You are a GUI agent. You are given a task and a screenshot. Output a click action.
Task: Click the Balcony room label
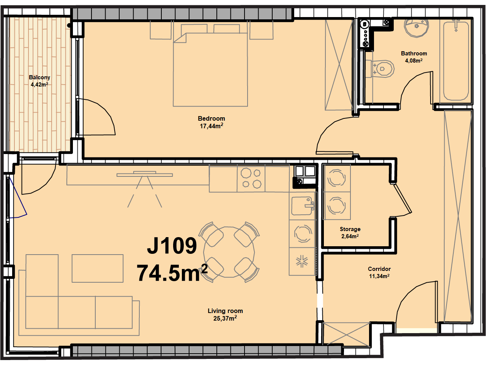coord(39,77)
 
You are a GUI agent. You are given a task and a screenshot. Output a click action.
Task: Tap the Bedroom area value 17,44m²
coord(211,126)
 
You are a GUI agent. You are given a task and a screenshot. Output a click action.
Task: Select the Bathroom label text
coord(414,53)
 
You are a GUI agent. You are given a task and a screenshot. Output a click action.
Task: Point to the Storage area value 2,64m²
coord(350,236)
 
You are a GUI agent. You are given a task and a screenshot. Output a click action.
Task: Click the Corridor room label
coord(379,269)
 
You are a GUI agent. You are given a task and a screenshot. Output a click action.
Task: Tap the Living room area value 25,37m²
coord(225,318)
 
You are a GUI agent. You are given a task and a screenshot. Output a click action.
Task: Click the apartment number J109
coord(172,245)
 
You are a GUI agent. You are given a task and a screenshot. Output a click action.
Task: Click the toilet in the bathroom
coord(380,69)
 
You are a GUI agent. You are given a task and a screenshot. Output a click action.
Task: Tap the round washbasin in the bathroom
coord(416,28)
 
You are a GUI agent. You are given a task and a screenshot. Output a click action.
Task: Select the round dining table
coord(229,252)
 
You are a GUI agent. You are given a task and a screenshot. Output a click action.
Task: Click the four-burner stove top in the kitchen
coord(251,178)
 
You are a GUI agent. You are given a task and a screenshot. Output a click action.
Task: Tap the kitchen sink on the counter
coord(303,206)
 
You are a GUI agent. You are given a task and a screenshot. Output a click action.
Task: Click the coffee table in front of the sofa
coord(98,268)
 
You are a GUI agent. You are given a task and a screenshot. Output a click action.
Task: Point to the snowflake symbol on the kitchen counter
coord(302,261)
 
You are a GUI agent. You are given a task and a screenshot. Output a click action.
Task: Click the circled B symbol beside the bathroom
coord(364,24)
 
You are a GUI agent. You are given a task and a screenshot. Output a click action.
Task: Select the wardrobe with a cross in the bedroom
coord(339,65)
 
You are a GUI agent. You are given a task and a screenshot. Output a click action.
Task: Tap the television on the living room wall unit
coord(145,175)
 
